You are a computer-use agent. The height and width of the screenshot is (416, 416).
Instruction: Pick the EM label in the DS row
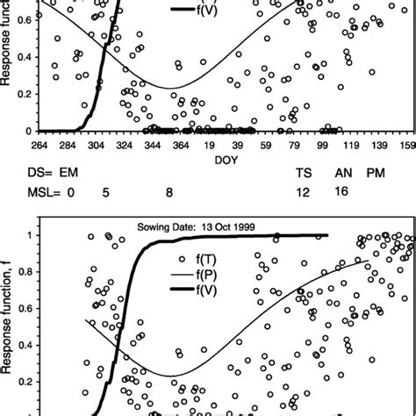pos(57,176)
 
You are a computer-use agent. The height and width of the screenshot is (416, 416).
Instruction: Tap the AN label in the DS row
pos(344,176)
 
